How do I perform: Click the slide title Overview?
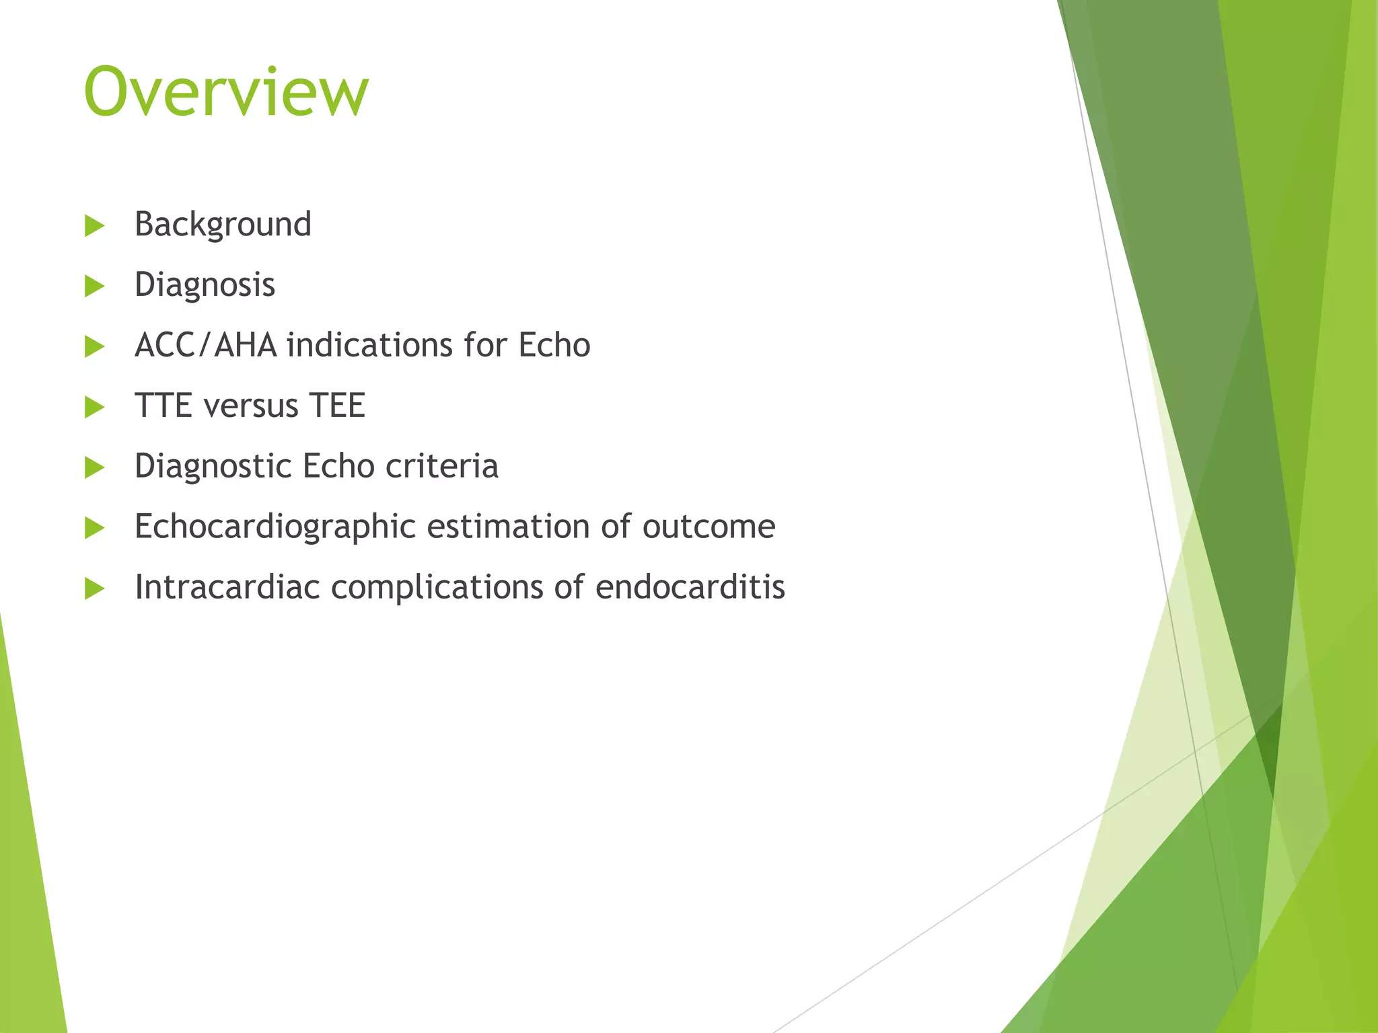pos(226,91)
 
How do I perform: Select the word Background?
pos(223,225)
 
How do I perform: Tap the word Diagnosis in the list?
pos(205,284)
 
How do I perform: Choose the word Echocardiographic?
pos(275,527)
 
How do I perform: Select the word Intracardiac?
pos(227,586)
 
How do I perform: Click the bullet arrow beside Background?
pos(95,226)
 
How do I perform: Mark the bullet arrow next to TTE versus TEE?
pos(95,408)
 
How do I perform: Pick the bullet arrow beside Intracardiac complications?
pos(95,589)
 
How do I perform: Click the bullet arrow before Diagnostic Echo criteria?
pos(95,468)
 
